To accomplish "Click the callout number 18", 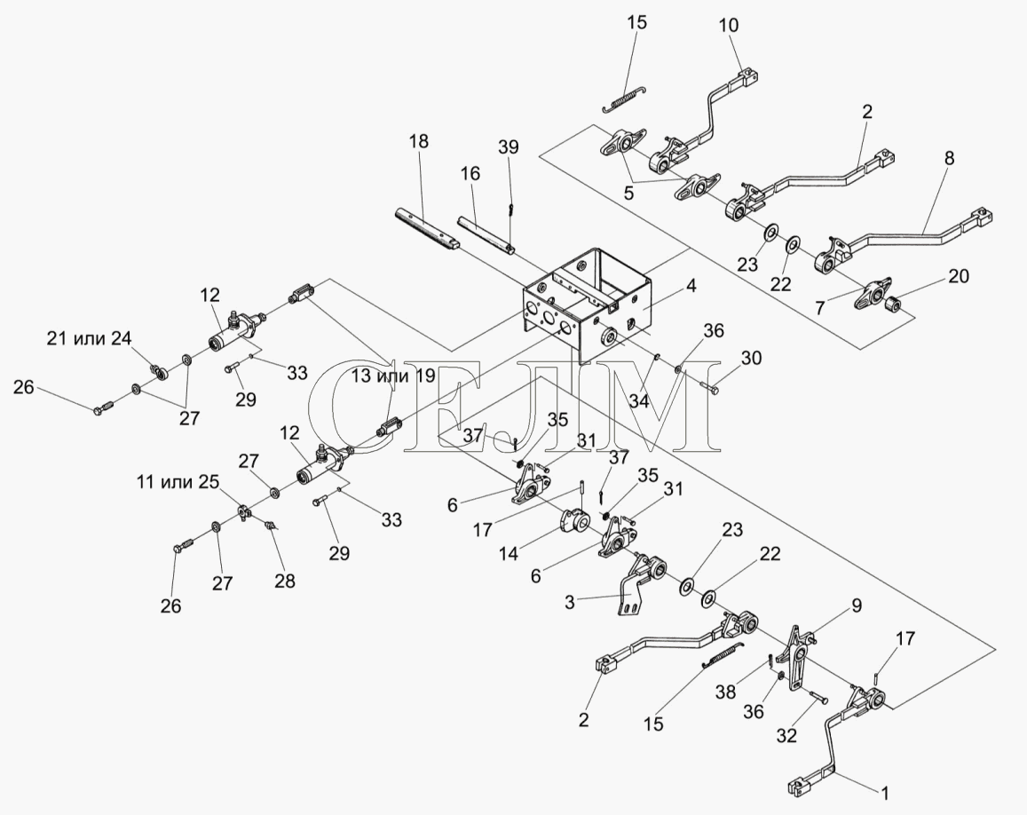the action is pyautogui.click(x=419, y=141).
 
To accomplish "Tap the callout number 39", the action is pyautogui.click(x=508, y=146).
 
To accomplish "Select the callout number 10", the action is pyautogui.click(x=729, y=25).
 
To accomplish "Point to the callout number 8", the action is pyautogui.click(x=950, y=158).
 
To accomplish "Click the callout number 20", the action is pyautogui.click(x=959, y=276).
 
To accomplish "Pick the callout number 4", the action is pyautogui.click(x=691, y=285).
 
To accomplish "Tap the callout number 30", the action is pyautogui.click(x=752, y=358).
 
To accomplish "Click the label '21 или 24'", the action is pyautogui.click(x=89, y=338).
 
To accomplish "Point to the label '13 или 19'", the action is pyautogui.click(x=393, y=376).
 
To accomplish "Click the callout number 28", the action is pyautogui.click(x=285, y=581).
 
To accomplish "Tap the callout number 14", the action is pyautogui.click(x=509, y=554).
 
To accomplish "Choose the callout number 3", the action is pyautogui.click(x=569, y=601).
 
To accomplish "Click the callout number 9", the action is pyautogui.click(x=856, y=605).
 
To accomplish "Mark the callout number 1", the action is pyautogui.click(x=884, y=794).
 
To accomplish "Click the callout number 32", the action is pyautogui.click(x=786, y=736).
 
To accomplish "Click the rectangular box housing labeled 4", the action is pyautogui.click(x=585, y=304).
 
